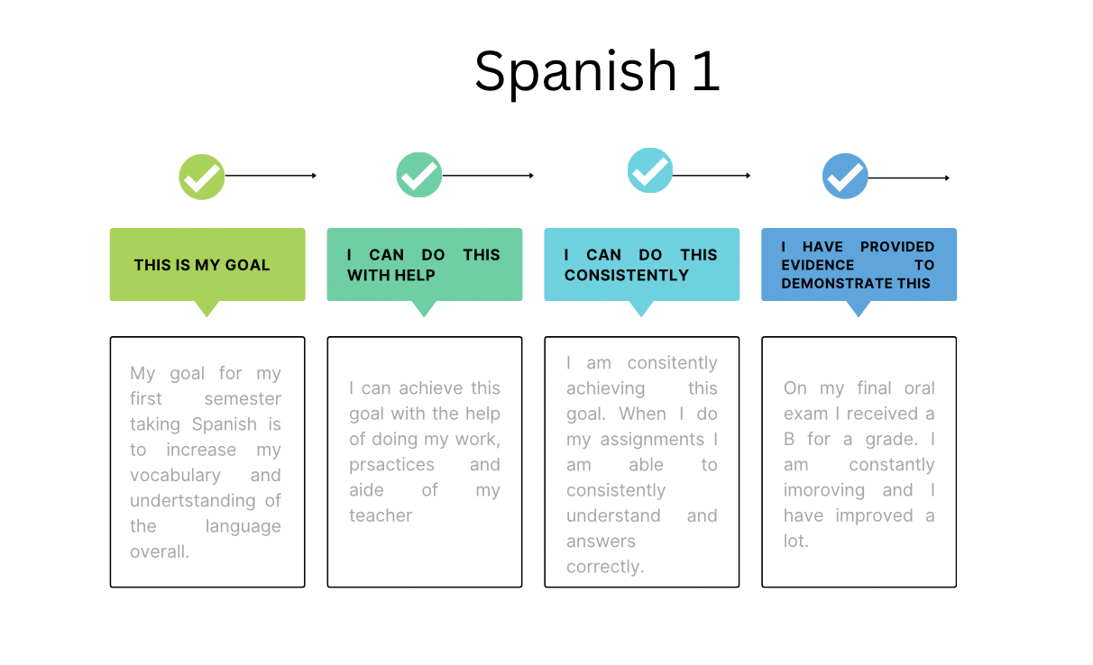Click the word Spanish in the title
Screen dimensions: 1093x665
[x=575, y=72]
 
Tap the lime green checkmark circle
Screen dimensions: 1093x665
[x=202, y=177]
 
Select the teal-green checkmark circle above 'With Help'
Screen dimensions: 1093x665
[x=419, y=175]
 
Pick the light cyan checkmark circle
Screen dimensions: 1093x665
[x=650, y=170]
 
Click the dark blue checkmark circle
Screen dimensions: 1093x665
[x=845, y=176]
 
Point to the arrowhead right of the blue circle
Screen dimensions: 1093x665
[x=947, y=178]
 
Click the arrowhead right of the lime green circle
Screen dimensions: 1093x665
[x=314, y=176]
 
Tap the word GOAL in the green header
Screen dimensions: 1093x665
[x=247, y=265]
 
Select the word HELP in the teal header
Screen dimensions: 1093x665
[x=415, y=276]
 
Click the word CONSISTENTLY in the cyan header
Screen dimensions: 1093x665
[x=627, y=276]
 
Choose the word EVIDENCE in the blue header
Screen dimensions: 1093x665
[x=818, y=265]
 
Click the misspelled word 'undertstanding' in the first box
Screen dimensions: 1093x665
[x=193, y=501]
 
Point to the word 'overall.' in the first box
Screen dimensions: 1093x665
[x=160, y=551]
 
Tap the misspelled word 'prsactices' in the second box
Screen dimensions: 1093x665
[x=391, y=465]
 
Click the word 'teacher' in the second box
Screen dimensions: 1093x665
[x=381, y=515]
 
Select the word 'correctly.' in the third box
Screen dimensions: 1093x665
[x=605, y=567]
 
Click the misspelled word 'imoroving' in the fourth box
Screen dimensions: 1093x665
[x=823, y=490]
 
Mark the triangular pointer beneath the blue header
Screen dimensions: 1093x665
[x=859, y=308]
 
